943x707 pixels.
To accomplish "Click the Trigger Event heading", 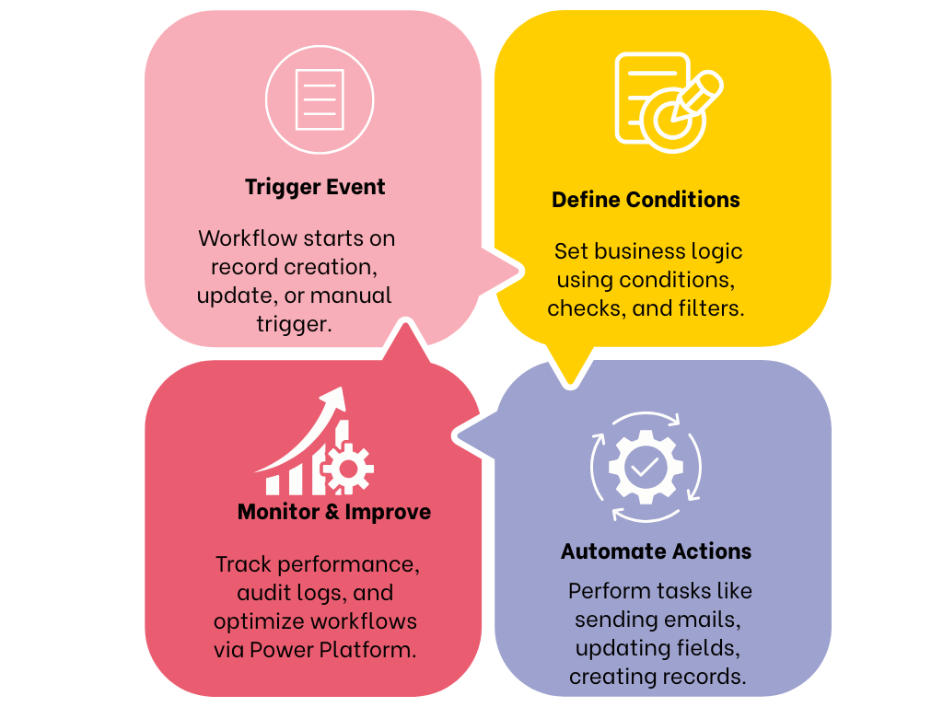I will tap(315, 187).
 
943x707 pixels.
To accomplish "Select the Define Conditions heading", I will tap(646, 200).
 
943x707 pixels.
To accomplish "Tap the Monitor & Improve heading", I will tap(334, 512).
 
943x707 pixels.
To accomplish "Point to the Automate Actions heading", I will tap(656, 551).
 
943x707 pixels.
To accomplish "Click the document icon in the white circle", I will tap(320, 99).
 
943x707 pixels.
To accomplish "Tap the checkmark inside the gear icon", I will tap(645, 467).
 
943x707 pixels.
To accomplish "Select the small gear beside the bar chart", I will tap(347, 468).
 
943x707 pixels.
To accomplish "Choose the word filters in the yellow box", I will tap(709, 308).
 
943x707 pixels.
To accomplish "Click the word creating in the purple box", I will tap(608, 677).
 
